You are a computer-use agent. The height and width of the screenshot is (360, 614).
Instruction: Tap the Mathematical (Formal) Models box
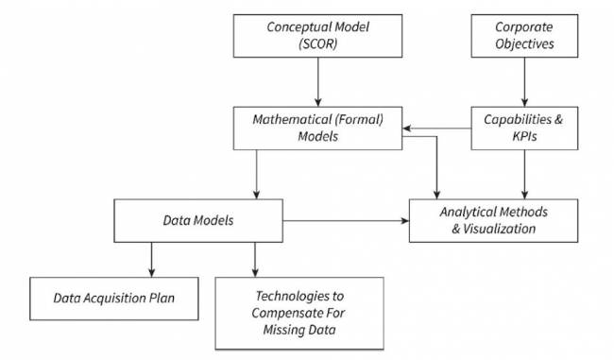(318, 128)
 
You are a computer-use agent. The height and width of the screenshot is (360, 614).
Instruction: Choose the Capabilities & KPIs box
(525, 128)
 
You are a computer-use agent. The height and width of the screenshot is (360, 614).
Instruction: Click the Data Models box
(198, 219)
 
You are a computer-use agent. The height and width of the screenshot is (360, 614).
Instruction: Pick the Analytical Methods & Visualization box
(492, 219)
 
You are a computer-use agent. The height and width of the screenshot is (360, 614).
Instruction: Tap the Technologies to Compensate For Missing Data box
(299, 313)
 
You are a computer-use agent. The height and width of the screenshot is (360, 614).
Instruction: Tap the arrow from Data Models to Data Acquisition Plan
(151, 259)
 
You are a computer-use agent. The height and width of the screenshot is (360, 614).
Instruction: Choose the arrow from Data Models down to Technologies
(255, 259)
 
